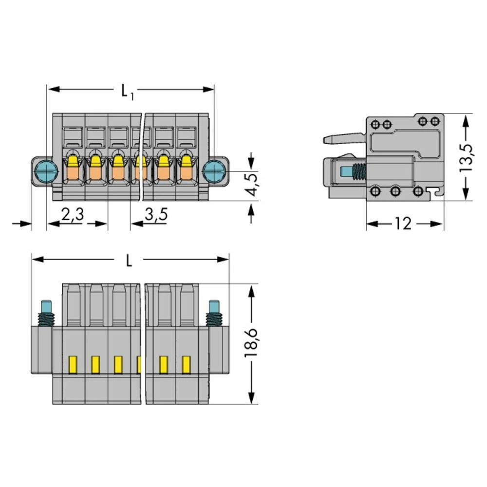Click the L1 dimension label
point(127,91)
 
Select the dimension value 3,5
point(156,215)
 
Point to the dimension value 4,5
point(252,183)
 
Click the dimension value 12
point(403,224)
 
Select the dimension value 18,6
point(251,343)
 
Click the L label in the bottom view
point(129,261)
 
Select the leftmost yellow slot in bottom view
point(73,365)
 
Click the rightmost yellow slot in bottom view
point(186,365)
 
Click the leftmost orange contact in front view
point(73,172)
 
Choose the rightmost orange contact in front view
point(186,172)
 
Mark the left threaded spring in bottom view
point(47,319)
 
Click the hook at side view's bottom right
point(438,192)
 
